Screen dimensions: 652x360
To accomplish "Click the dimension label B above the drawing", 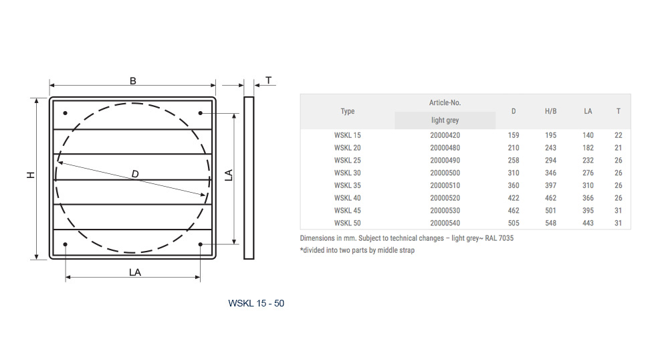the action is [x=133, y=81].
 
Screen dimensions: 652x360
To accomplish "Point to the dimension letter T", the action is [x=269, y=80].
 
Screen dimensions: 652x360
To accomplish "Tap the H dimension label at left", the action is [x=31, y=175].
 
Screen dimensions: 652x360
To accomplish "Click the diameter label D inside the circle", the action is [x=135, y=174].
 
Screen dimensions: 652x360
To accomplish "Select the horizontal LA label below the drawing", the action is [x=134, y=272].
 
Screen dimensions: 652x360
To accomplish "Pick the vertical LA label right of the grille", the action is [x=229, y=175].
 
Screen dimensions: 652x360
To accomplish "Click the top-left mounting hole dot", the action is [x=66, y=113].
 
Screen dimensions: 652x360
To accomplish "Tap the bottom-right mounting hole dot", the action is [x=201, y=244].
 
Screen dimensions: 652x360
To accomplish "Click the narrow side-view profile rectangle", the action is [x=249, y=178].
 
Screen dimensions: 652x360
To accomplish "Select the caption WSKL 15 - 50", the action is [x=256, y=303].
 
